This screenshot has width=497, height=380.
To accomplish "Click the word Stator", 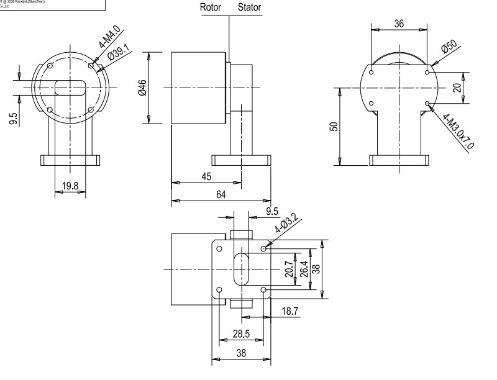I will [249, 9].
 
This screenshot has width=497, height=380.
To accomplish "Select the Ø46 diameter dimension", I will [142, 88].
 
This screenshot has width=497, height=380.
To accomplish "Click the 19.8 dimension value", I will [70, 184].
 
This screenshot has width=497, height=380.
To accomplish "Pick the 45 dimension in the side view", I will [206, 176].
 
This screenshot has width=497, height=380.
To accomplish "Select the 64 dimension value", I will [221, 194].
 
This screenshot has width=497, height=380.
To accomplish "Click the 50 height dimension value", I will [334, 127].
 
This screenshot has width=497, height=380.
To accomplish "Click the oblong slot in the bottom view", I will [240, 269].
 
